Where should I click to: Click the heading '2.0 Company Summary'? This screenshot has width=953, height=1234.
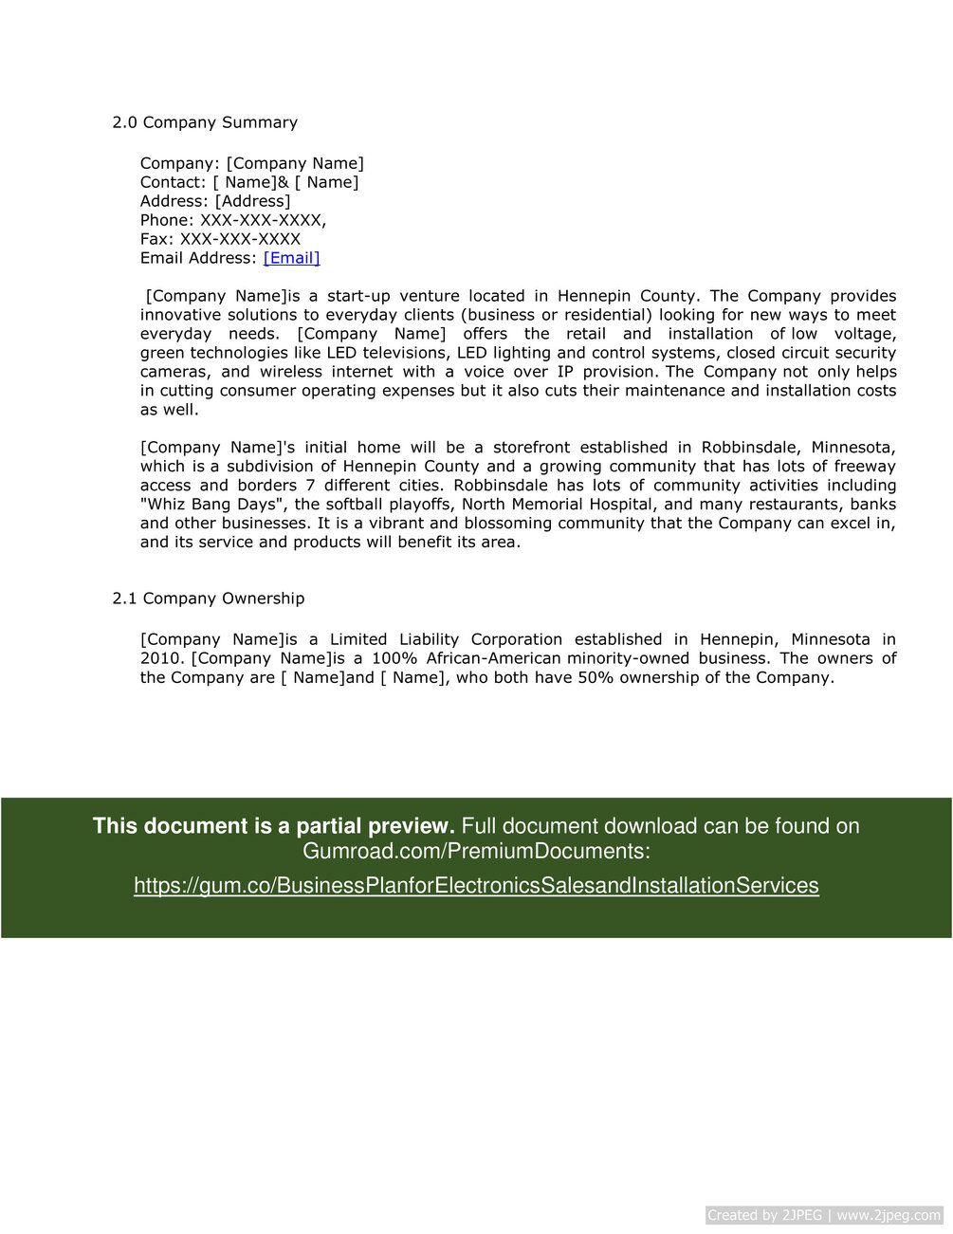[205, 122]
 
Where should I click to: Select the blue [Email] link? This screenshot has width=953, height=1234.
[291, 258]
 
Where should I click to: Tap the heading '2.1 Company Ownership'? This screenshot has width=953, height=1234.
[209, 599]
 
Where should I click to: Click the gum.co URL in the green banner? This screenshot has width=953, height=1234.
[476, 886]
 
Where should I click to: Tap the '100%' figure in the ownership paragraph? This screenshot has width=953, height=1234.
[393, 658]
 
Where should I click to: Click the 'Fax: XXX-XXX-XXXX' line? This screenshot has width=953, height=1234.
[220, 239]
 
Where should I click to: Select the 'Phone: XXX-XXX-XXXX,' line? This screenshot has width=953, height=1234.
[233, 220]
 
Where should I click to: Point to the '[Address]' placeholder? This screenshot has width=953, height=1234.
[252, 201]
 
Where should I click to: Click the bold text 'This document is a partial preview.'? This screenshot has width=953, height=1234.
[274, 826]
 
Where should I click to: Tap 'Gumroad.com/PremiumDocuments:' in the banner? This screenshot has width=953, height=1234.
[476, 851]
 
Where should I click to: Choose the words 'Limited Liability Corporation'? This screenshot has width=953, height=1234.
[446, 639]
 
